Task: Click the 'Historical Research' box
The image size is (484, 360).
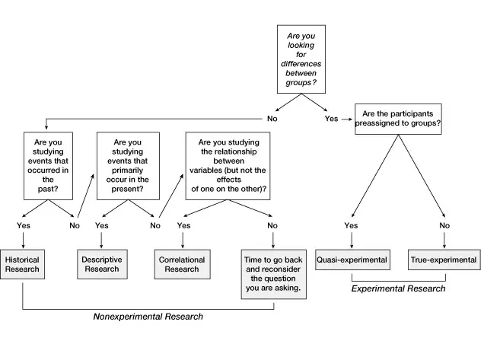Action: pos(22,264)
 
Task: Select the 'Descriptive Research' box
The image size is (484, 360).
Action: pos(102,264)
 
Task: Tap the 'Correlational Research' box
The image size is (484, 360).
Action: pos(183,264)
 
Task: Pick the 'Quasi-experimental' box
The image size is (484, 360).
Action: pos(352,260)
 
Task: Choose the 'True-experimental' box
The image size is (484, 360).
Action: pos(444,260)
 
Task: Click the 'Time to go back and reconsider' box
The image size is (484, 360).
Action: pos(273,274)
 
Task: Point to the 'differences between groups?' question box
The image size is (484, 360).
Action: pos(301,59)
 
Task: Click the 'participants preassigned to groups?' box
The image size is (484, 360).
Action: pos(398,119)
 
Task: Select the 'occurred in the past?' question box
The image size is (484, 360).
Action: pos(48,166)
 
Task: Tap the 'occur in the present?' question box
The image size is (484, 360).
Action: pos(128,166)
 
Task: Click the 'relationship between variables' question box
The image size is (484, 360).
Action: pos(228,166)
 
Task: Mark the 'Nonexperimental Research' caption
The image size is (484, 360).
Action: pos(148,317)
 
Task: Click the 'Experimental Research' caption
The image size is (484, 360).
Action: pos(398,288)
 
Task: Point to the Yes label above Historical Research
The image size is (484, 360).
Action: pos(24,225)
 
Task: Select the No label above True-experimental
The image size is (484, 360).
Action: pos(444,225)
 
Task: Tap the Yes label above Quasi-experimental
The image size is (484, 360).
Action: pos(352,225)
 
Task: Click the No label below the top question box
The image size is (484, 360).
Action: pos(272,119)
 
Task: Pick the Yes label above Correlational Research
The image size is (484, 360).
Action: pos(183,225)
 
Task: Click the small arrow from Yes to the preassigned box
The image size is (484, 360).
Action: pos(347,119)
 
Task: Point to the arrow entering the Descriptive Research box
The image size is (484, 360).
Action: pos(101,241)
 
